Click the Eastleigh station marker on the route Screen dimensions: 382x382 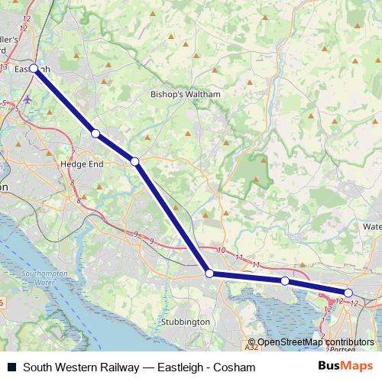tap(34, 68)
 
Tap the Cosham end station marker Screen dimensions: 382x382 tap(348, 293)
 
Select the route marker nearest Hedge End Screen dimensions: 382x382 tap(95, 133)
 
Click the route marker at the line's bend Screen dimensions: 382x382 tap(209, 273)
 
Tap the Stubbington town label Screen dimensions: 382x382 tap(186, 322)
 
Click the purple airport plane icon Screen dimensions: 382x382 tap(29, 99)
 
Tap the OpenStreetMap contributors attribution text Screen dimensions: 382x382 tap(316, 342)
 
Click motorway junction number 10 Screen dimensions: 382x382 tap(221, 251)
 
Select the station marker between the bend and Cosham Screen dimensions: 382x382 tap(285, 281)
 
